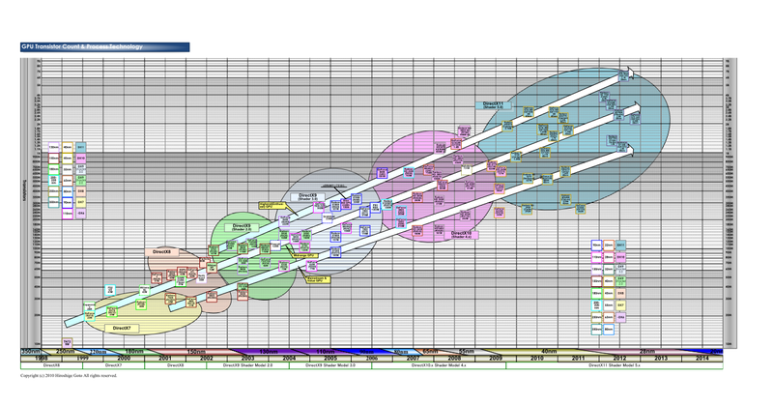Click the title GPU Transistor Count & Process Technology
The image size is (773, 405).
pyautogui.click(x=82, y=46)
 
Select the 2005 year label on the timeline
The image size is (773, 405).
pyautogui.click(x=329, y=358)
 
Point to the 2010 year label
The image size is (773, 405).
pyautogui.click(x=536, y=358)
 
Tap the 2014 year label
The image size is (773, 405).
pyautogui.click(x=701, y=358)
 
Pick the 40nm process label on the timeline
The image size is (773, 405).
pyautogui.click(x=550, y=351)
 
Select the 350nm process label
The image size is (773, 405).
pyautogui.click(x=31, y=351)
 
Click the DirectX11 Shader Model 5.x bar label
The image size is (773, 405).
pyautogui.click(x=614, y=365)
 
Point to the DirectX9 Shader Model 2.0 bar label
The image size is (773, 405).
pyautogui.click(x=247, y=365)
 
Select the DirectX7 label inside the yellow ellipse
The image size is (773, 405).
pyautogui.click(x=122, y=328)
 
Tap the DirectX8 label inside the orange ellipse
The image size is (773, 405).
pyautogui.click(x=161, y=251)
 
